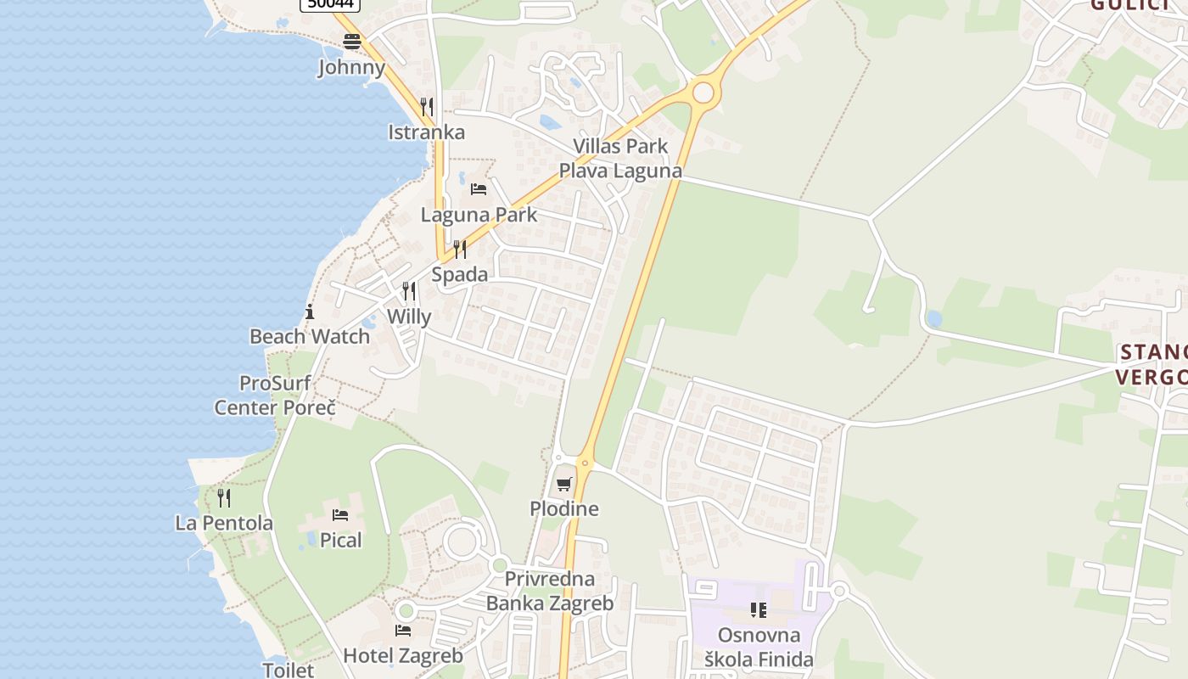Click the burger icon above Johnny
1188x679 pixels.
point(352,41)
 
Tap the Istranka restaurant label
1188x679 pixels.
point(426,132)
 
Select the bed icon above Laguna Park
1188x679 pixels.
point(479,188)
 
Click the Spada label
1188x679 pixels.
point(460,274)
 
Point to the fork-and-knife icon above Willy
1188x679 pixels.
point(409,291)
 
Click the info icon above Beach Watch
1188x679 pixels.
point(310,311)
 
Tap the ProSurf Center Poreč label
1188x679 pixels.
point(275,396)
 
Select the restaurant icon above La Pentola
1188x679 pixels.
point(224,497)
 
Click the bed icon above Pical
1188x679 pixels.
point(340,515)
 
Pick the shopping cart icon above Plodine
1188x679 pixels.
point(564,484)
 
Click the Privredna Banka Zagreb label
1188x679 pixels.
point(549,592)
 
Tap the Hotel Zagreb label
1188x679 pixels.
point(403,655)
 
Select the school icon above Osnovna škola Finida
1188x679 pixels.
point(759,609)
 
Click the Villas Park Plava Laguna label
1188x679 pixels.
point(620,158)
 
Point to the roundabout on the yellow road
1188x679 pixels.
point(703,92)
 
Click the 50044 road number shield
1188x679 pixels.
point(331,4)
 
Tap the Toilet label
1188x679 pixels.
point(288,670)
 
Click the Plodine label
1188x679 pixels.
point(564,509)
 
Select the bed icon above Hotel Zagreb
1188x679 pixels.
point(403,630)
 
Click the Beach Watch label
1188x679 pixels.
point(310,336)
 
